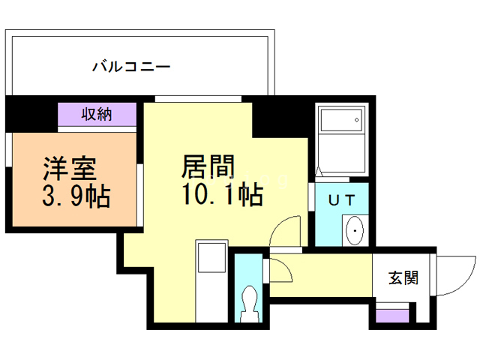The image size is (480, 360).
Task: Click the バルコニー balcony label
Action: pos(132,67)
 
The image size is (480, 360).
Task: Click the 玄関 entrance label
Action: pos(403,278)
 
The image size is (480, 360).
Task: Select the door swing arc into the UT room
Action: pos(288,229)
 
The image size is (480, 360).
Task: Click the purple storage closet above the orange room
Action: pos(97,116)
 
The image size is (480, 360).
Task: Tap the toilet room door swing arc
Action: pos(278,270)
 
